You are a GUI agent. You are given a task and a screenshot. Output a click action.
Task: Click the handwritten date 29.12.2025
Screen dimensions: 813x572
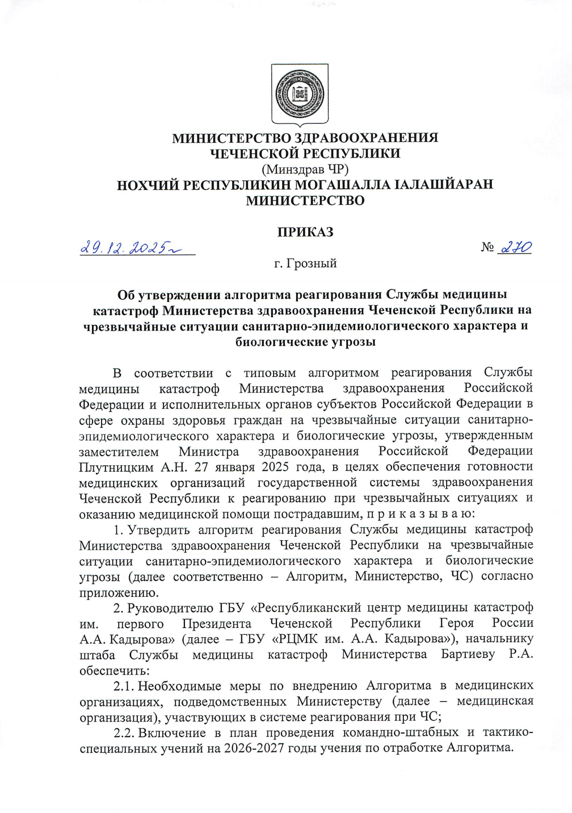coord(127,248)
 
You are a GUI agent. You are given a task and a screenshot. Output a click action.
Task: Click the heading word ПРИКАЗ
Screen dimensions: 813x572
coord(305,232)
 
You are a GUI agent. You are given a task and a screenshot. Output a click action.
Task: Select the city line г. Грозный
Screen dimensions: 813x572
coord(305,263)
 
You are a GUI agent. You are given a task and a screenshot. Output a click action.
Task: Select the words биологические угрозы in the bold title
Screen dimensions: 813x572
coord(305,342)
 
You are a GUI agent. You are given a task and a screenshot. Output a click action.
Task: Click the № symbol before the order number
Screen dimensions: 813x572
coord(487,248)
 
